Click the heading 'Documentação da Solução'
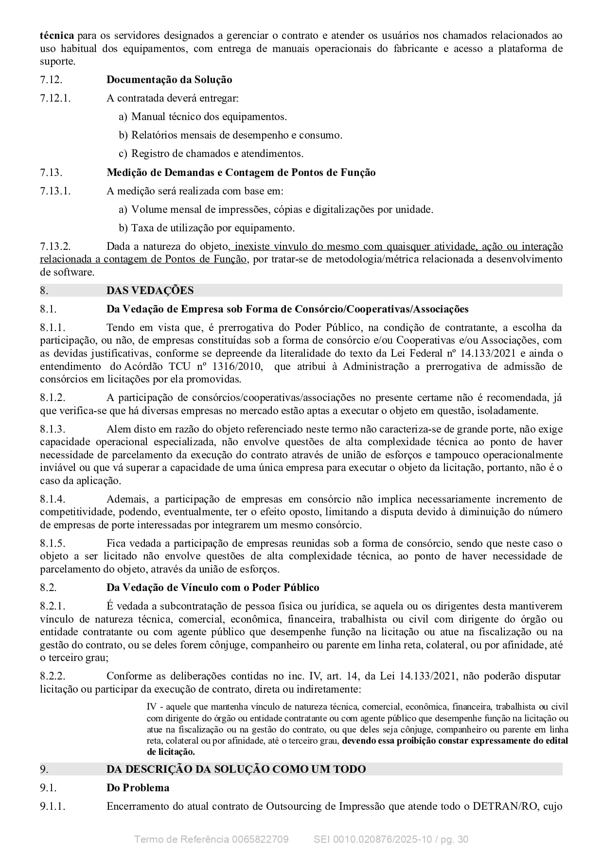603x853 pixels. click(169, 80)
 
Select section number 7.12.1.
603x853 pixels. click(55, 98)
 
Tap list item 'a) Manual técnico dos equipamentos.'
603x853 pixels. click(203, 117)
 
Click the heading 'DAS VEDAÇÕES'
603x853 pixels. click(150, 291)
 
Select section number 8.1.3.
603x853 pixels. click(53, 429)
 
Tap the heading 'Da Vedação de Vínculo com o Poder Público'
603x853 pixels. click(213, 588)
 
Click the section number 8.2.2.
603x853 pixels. click(53, 676)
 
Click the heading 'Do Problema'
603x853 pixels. click(138, 788)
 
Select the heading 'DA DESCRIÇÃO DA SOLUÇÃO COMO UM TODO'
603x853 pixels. click(236, 769)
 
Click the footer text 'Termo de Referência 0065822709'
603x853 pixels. click(211, 839)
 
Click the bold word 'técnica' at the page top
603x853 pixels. click(57, 35)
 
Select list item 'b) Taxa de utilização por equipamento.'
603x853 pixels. click(207, 228)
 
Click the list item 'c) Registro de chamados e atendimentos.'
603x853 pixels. click(211, 154)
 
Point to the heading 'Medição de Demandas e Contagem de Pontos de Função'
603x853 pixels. click(241, 173)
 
